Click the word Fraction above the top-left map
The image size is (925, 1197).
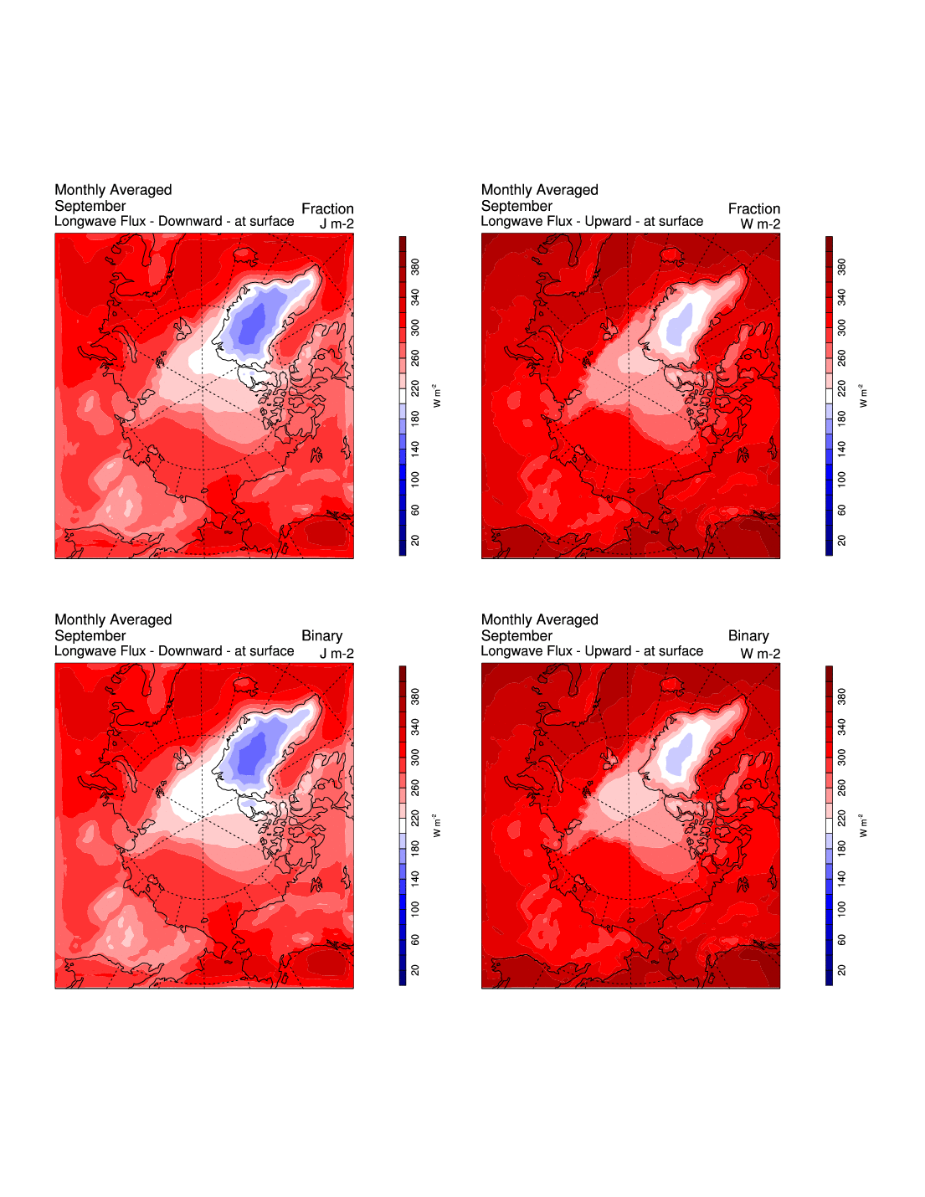pos(327,208)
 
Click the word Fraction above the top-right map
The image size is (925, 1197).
pos(753,208)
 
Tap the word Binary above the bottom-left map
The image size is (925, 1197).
pos(321,636)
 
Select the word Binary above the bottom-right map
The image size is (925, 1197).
pos(748,636)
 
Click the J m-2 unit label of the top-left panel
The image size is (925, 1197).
pos(337,224)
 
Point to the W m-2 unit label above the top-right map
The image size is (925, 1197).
pos(760,224)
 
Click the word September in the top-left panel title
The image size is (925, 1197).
pos(90,206)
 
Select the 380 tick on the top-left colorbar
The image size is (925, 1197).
pos(415,267)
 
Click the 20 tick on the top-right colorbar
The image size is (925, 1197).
pos(841,541)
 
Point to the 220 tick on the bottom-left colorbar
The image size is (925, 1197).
pos(415,818)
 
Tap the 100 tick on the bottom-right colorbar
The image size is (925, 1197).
pos(841,908)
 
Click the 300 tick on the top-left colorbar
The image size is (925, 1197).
pos(415,328)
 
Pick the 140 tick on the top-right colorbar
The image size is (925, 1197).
pos(841,449)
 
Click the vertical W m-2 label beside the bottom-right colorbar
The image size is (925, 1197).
pos(863,825)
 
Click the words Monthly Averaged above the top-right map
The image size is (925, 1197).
pos(539,190)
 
